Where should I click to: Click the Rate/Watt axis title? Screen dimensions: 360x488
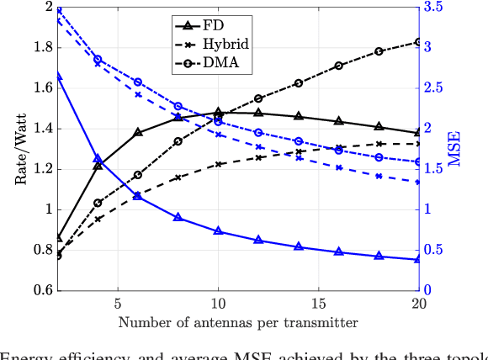click(20, 148)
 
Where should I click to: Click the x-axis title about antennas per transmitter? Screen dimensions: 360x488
click(238, 322)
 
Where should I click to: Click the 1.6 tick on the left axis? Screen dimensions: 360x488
click(40, 87)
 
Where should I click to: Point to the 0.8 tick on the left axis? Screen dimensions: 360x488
click(40, 250)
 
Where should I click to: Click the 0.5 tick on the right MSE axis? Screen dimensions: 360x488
click(432, 250)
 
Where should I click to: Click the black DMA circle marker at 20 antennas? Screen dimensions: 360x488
click(419, 42)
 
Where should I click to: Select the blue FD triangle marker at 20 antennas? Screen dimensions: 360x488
click(419, 259)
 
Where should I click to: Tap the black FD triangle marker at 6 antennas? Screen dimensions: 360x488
click(138, 132)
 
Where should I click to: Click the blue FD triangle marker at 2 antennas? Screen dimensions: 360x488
click(58, 77)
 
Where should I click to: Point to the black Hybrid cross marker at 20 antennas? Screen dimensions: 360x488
click(419, 144)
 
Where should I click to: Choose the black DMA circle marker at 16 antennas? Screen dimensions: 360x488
click(338, 66)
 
